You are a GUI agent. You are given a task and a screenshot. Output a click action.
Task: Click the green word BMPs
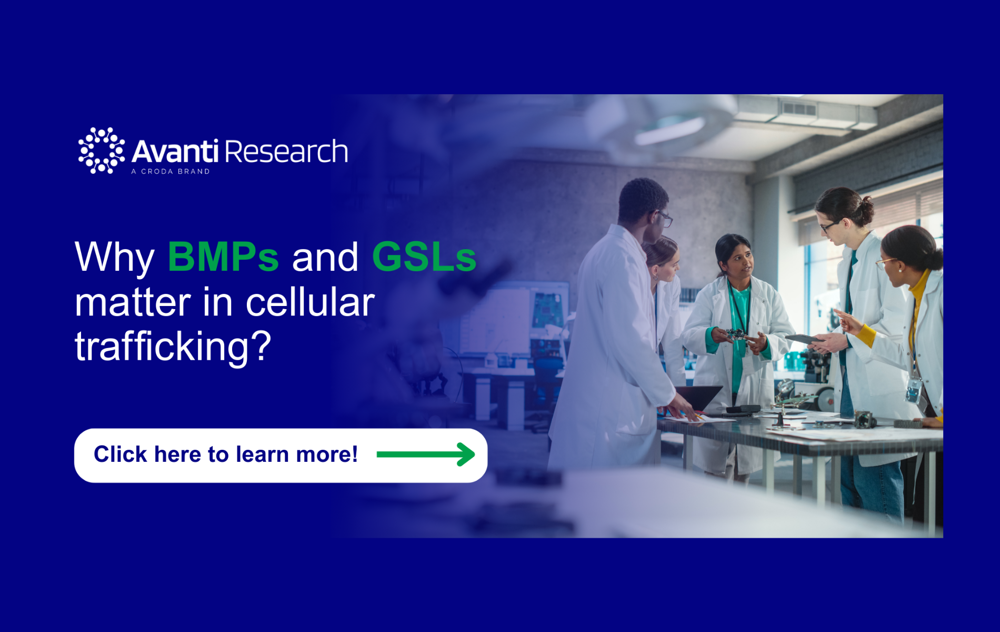click(x=223, y=258)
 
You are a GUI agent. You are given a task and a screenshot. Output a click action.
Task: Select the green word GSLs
click(x=424, y=258)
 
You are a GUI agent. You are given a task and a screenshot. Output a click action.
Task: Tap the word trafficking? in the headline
click(x=173, y=347)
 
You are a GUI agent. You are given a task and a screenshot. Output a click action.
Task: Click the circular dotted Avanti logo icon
click(x=102, y=151)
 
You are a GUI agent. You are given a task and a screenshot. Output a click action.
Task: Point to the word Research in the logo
click(x=287, y=152)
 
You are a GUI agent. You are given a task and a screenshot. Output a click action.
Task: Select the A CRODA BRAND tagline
click(x=171, y=172)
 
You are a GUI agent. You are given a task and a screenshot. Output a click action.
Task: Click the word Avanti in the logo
click(x=175, y=152)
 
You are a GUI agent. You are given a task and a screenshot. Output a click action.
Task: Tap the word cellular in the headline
click(x=310, y=303)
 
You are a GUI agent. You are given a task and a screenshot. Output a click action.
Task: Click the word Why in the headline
click(x=114, y=258)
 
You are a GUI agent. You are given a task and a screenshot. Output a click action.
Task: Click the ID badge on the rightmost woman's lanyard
click(x=914, y=390)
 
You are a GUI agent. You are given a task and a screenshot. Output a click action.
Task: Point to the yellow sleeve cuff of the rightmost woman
click(x=866, y=335)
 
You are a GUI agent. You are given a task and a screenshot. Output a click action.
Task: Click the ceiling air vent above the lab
click(x=799, y=109)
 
